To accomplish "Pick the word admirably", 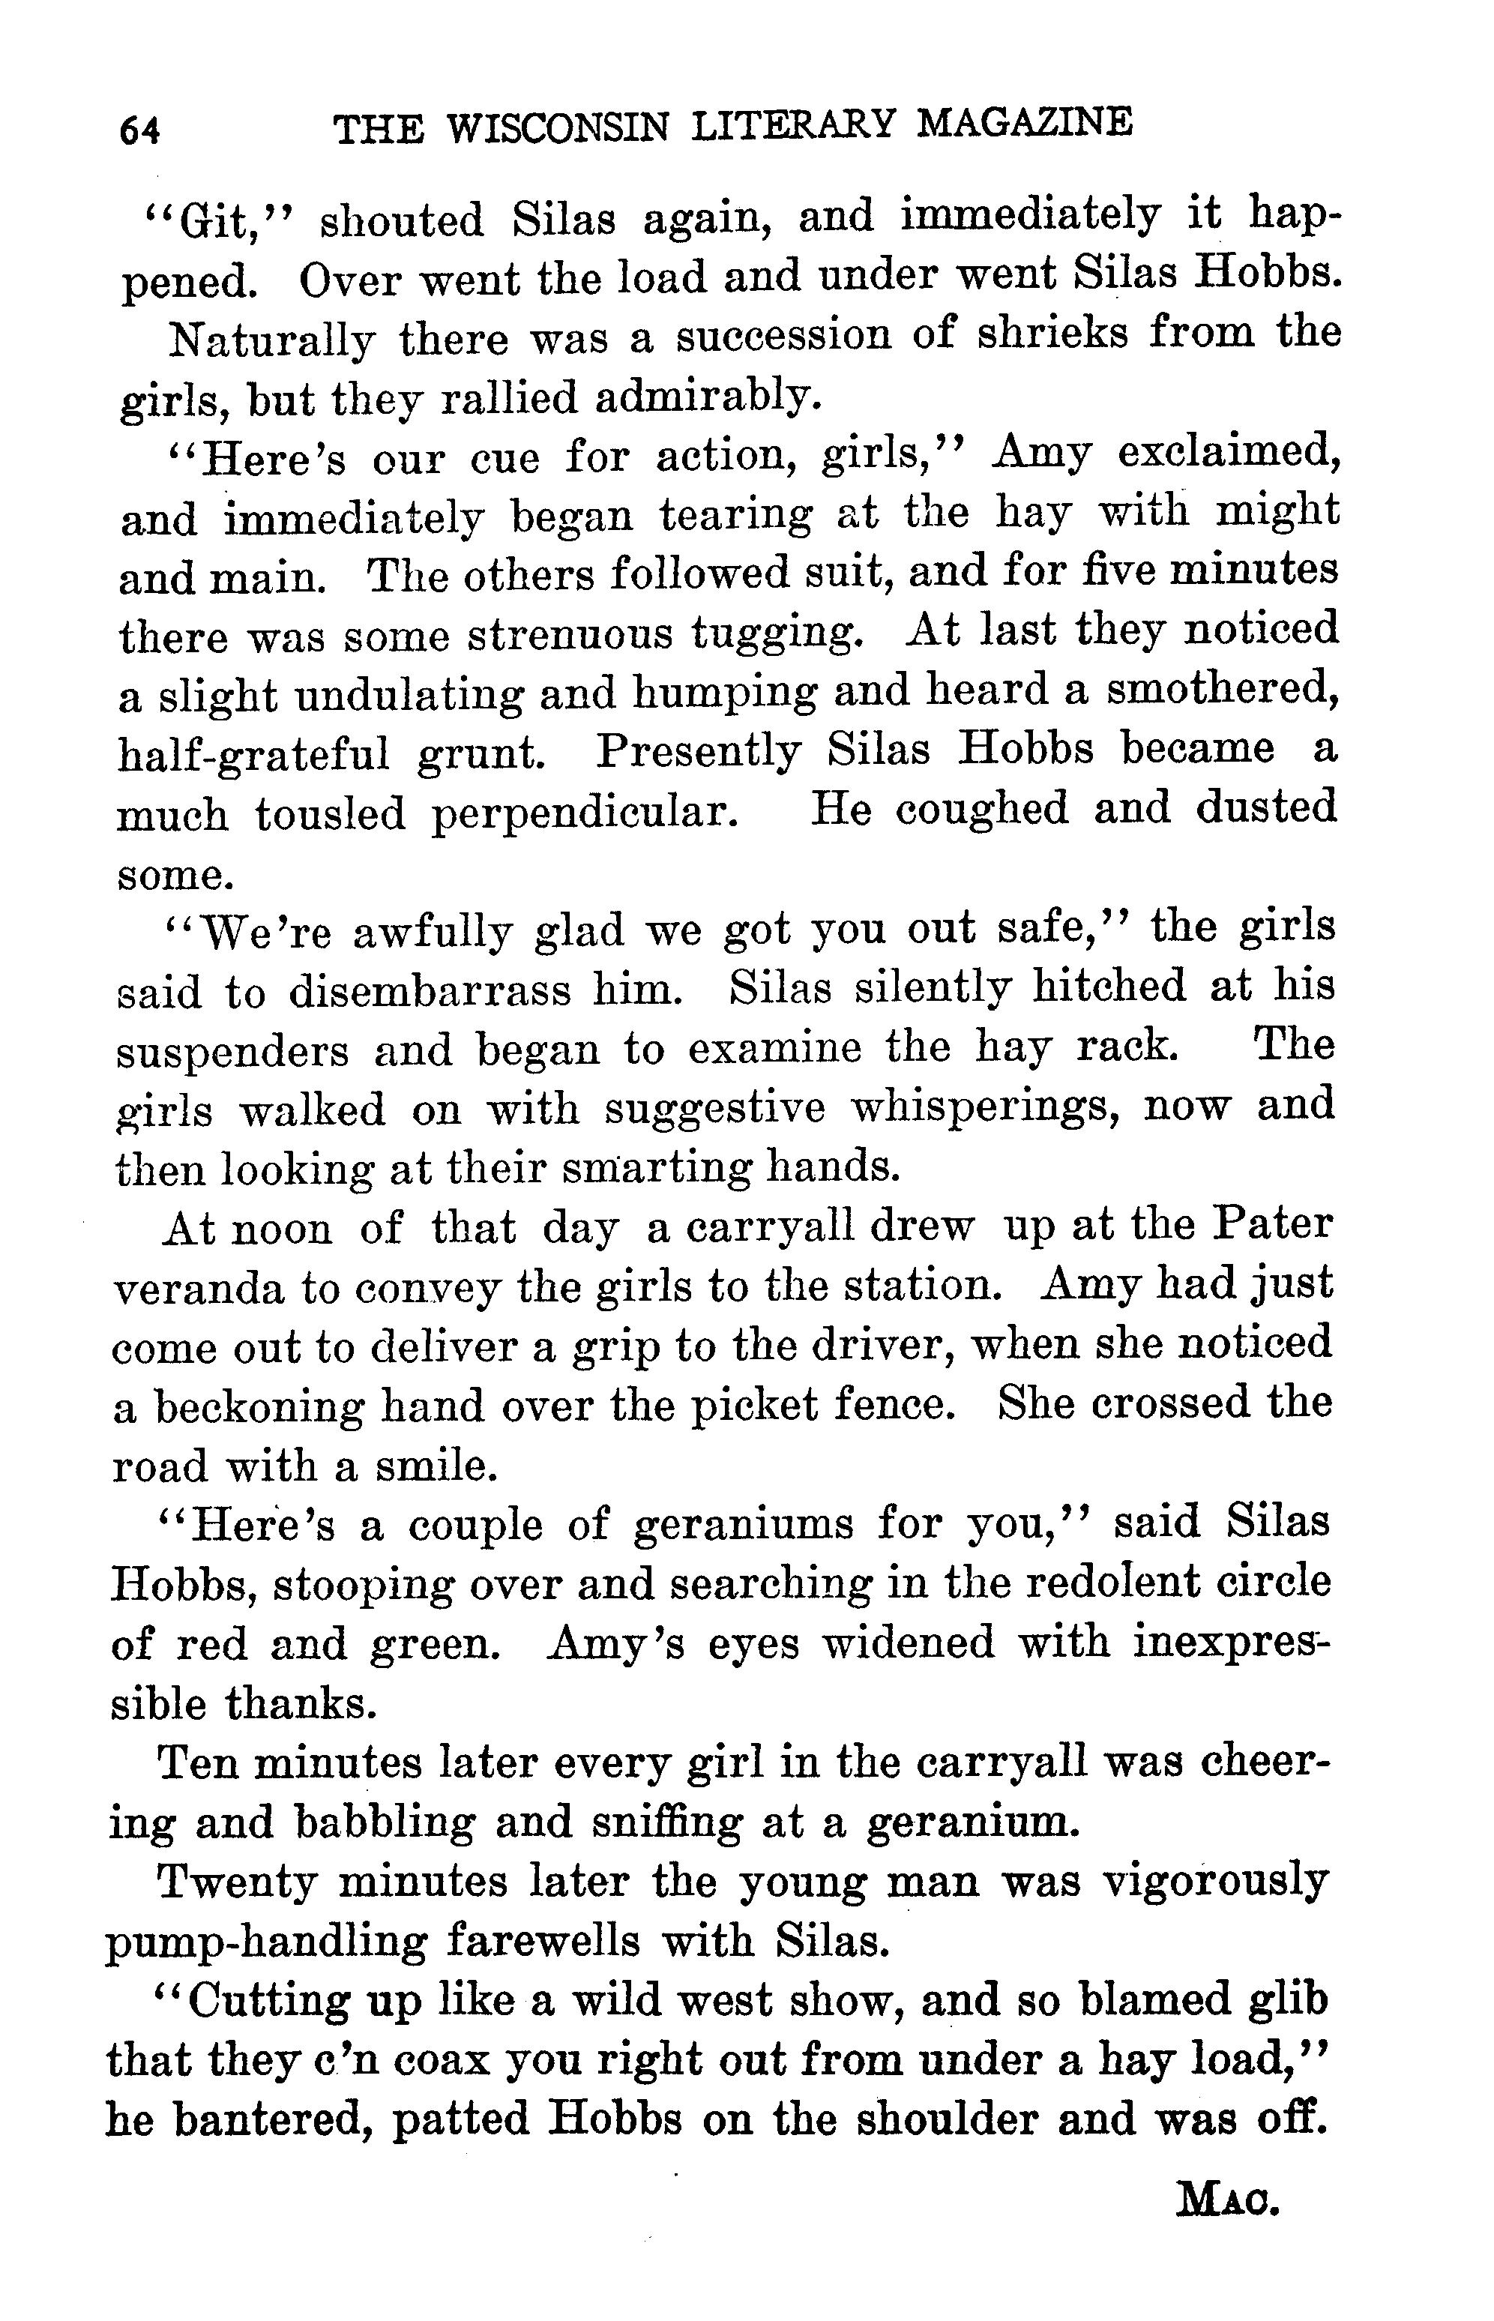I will pyautogui.click(x=707, y=397).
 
